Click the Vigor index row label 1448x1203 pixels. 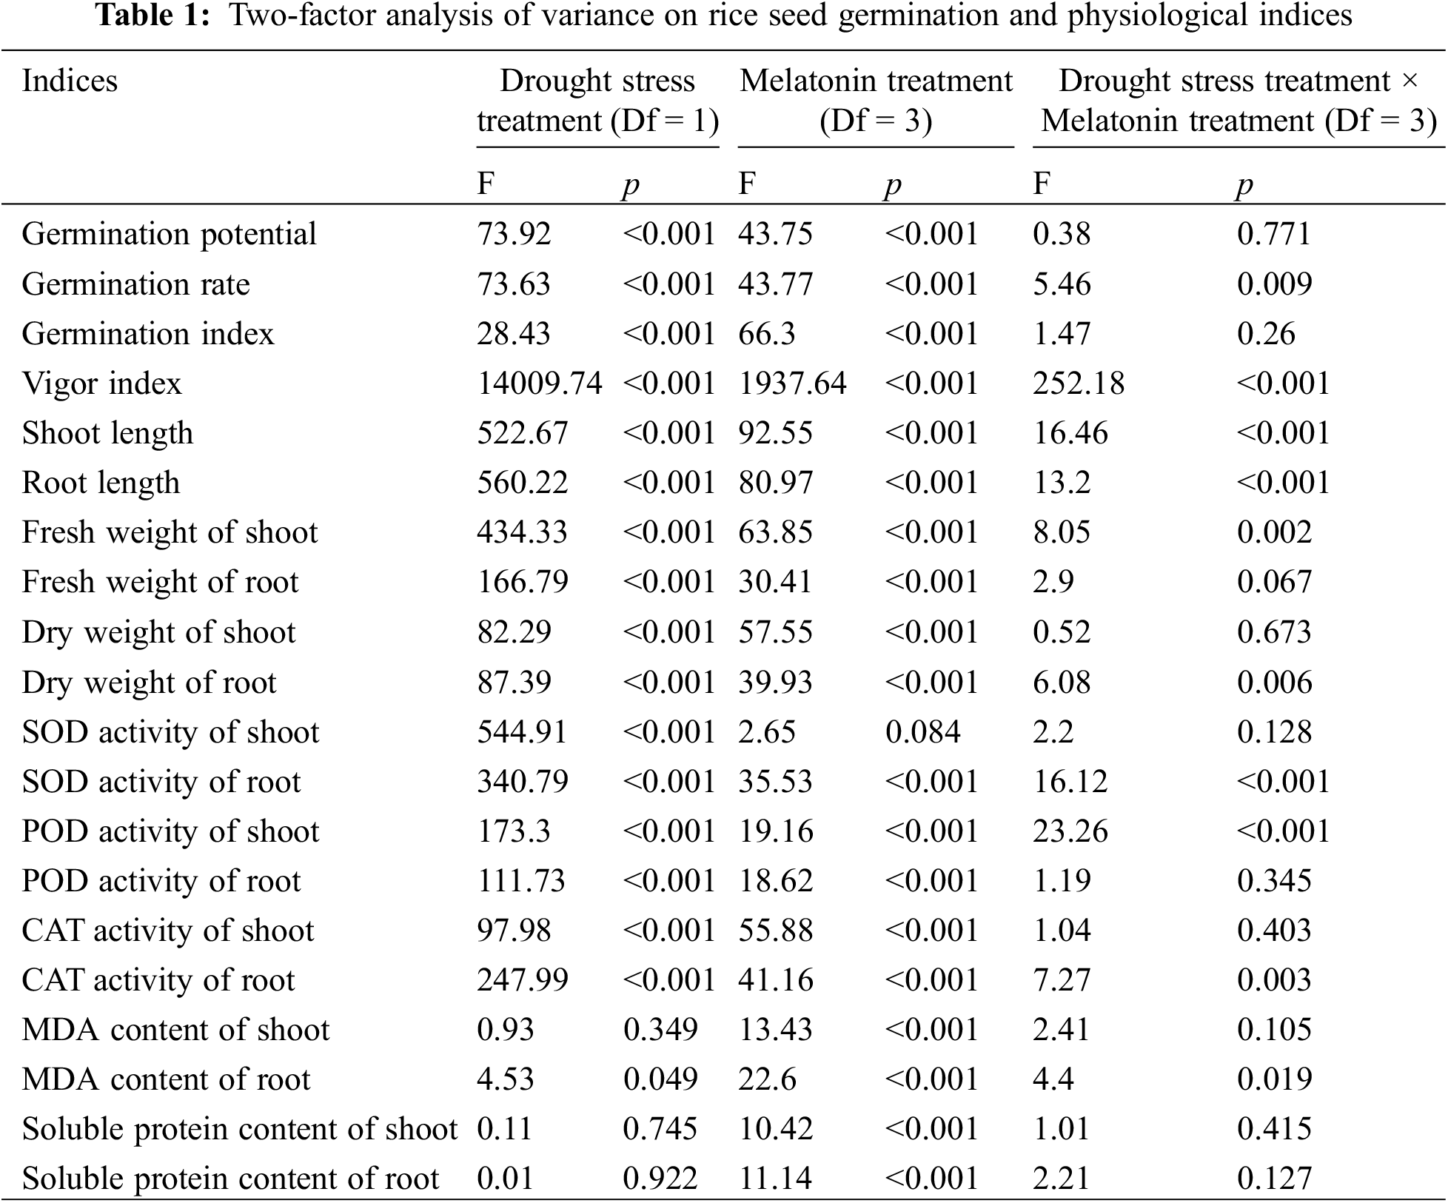coord(101,383)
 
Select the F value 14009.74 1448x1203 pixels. coord(539,383)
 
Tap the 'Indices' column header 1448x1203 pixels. coord(70,81)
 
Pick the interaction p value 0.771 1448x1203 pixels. coord(1273,234)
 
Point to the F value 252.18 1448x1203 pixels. coord(1079,383)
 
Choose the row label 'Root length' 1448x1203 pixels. coord(101,483)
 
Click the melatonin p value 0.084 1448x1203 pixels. coord(922,731)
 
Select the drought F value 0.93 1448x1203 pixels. coord(505,1030)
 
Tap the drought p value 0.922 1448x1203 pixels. coord(660,1179)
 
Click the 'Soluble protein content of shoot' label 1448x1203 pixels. coord(239,1129)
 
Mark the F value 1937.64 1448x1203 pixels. coord(791,383)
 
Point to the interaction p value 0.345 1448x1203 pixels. coord(1273,881)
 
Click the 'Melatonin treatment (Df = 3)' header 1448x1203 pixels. coord(875,101)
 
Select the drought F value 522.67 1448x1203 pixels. coord(522,433)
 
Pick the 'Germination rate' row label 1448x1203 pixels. coord(135,284)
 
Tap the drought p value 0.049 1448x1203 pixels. coord(660,1079)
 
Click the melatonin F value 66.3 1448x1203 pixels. coord(766,334)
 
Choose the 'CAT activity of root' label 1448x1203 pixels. coord(158,980)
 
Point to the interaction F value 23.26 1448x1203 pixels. coord(1070,831)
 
